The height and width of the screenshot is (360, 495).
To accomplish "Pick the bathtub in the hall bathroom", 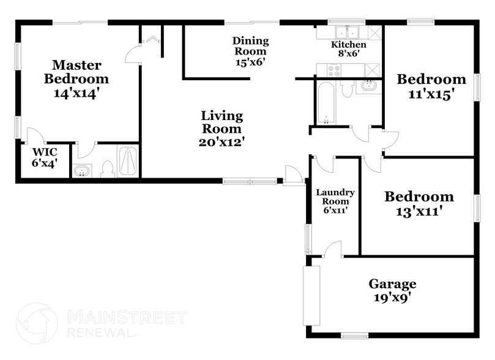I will click(x=325, y=102).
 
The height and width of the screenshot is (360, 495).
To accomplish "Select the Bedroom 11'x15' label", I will click(x=431, y=86).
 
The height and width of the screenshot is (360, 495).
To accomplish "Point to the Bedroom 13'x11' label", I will click(x=419, y=204).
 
